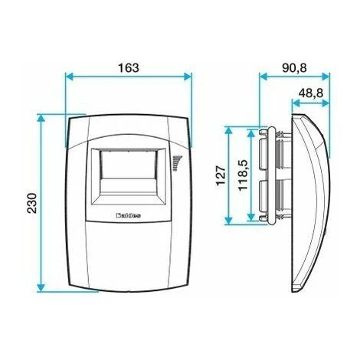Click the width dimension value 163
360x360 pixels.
[x=129, y=67]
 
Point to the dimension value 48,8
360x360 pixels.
[x=309, y=92]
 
